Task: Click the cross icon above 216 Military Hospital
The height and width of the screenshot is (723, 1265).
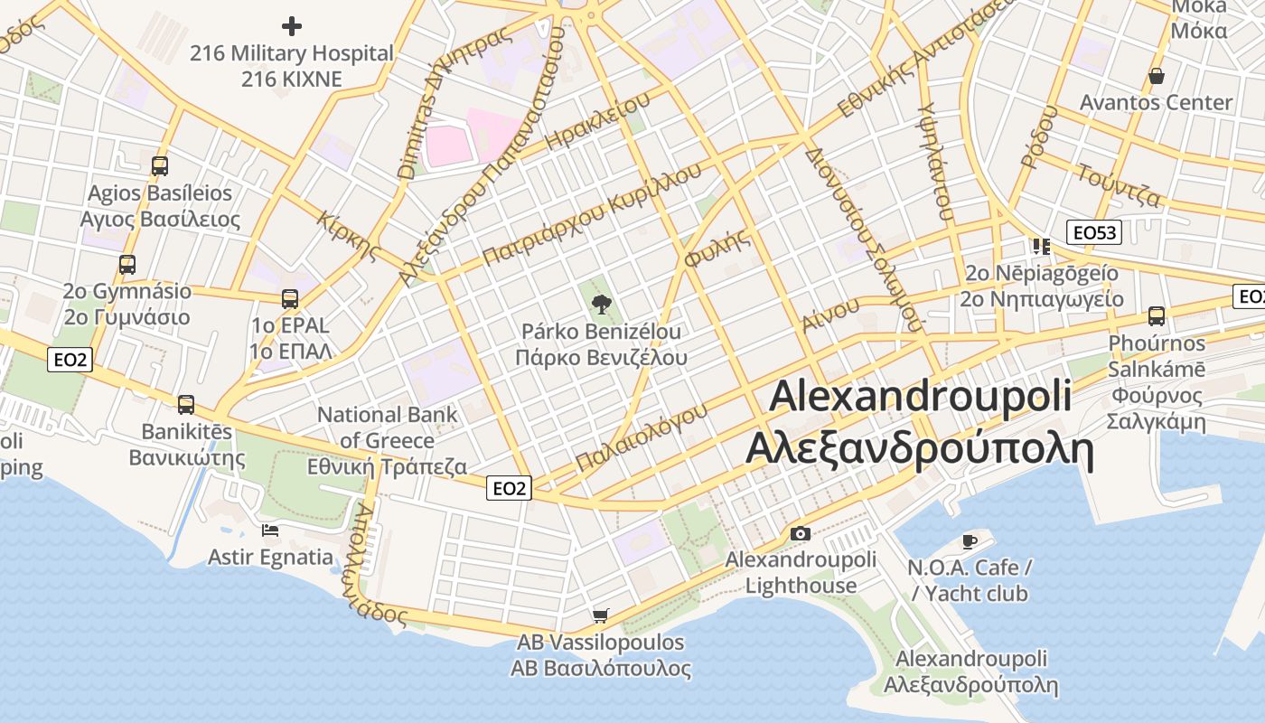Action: point(292,25)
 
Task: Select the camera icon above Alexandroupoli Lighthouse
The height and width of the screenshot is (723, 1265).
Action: point(800,533)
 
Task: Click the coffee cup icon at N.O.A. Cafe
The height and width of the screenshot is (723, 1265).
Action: point(970,541)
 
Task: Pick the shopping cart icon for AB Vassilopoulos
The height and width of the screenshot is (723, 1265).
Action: point(600,616)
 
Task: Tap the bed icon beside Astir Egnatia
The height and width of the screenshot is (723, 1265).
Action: point(270,531)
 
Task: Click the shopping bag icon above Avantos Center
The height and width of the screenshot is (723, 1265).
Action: point(1156,76)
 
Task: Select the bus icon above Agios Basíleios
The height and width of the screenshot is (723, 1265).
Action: point(160,166)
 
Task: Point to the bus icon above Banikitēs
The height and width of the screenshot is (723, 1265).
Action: point(186,404)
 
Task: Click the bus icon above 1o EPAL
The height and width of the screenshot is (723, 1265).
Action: point(290,298)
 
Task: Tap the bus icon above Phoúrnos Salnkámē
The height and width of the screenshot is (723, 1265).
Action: point(1157,316)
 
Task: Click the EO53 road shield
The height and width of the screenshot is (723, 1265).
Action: point(1093,233)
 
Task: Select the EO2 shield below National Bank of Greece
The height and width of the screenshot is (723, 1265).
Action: point(509,489)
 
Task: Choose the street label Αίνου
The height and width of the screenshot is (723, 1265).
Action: point(830,314)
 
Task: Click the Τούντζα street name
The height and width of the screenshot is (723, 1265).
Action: point(1119,183)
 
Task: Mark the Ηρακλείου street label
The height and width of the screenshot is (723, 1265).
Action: point(598,121)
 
